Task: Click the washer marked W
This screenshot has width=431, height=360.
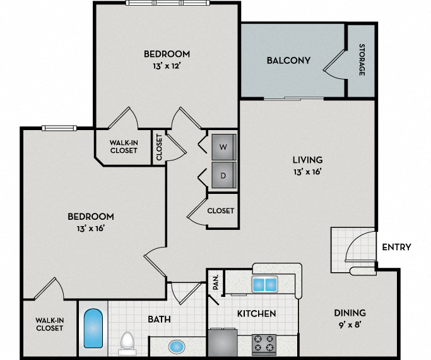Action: (x=223, y=147)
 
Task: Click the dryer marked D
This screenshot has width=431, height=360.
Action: (x=223, y=175)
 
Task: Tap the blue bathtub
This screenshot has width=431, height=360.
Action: (x=93, y=328)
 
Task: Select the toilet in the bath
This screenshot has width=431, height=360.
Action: (x=127, y=342)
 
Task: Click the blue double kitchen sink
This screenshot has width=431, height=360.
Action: (x=265, y=284)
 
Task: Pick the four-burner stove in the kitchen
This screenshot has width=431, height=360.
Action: (x=264, y=343)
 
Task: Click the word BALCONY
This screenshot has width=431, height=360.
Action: (x=288, y=61)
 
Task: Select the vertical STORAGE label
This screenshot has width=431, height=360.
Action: (x=362, y=59)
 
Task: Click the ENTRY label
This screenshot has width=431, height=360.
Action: (x=396, y=247)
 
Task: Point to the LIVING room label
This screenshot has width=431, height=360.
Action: (x=307, y=160)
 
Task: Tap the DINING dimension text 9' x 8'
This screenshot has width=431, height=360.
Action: (x=350, y=325)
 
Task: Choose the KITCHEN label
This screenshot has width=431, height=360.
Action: (x=256, y=314)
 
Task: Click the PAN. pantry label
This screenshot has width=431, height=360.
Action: (x=216, y=282)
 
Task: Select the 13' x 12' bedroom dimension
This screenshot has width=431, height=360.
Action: (x=167, y=66)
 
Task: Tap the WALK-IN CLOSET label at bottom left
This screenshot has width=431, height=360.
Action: (x=49, y=324)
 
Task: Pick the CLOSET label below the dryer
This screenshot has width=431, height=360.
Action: (x=221, y=211)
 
